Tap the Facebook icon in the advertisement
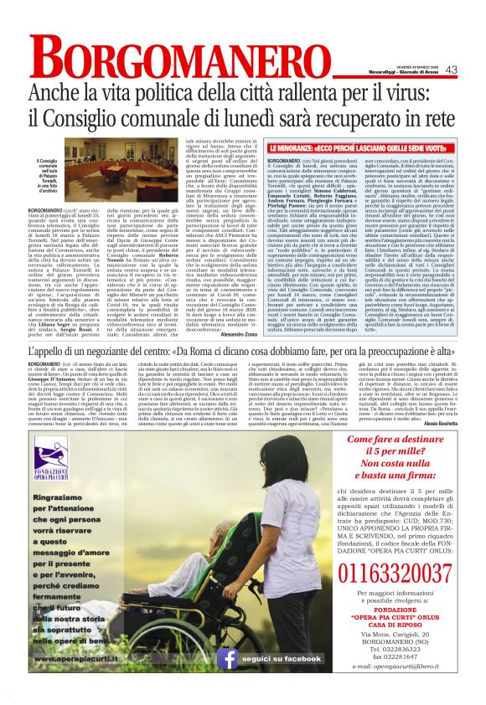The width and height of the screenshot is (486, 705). [x=228, y=682]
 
